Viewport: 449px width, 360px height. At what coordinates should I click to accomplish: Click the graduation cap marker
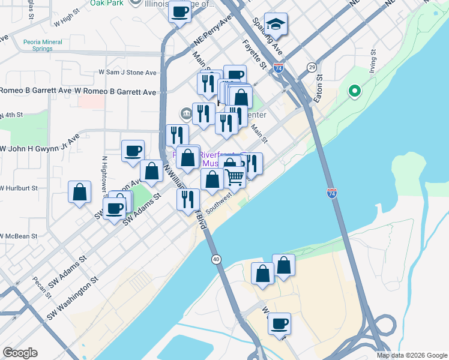coord(276,25)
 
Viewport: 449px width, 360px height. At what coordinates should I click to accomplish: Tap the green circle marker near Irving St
coord(355,92)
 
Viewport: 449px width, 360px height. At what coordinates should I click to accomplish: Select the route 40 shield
coord(215,259)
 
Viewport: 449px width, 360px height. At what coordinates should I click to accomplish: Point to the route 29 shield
coord(312,67)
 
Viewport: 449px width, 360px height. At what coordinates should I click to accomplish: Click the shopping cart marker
coord(235,176)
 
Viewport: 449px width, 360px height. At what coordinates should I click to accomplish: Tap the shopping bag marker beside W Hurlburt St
coord(79,193)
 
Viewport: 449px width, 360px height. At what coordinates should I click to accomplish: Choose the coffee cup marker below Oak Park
coord(179,13)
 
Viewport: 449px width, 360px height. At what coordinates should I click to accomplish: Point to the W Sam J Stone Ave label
coord(127,73)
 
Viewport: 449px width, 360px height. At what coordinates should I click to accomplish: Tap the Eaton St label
coord(319,87)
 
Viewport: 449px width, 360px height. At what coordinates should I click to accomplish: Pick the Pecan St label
coord(42,285)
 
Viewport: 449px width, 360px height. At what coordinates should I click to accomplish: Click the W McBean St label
coord(18,236)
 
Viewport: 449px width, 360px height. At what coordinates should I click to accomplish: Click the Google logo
coord(20,353)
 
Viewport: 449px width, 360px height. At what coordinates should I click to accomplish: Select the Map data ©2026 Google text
coord(411,355)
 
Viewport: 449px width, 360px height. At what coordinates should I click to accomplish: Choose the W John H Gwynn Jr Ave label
coord(40,145)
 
